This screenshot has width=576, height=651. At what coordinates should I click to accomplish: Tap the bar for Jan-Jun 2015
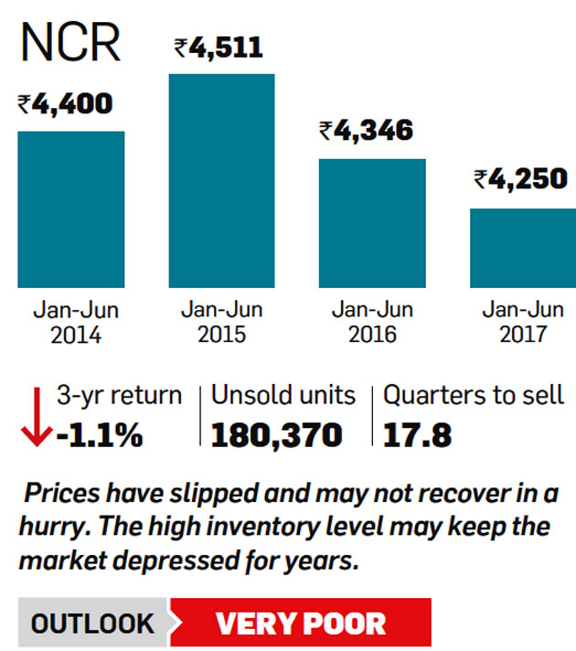point(221,180)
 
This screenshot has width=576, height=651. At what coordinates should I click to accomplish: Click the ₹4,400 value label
point(65,103)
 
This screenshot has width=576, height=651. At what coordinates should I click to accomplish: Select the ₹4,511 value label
point(219,47)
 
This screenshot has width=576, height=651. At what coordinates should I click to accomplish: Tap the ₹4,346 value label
point(366,130)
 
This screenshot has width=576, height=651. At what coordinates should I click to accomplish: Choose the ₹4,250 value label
point(521,179)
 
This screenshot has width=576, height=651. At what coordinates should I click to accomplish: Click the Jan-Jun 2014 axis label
point(71,322)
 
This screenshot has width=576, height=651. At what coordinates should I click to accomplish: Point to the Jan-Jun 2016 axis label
point(372,322)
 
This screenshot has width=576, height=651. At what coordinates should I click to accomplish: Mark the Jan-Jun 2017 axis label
point(522,322)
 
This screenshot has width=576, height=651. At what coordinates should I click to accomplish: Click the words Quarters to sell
point(474,396)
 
